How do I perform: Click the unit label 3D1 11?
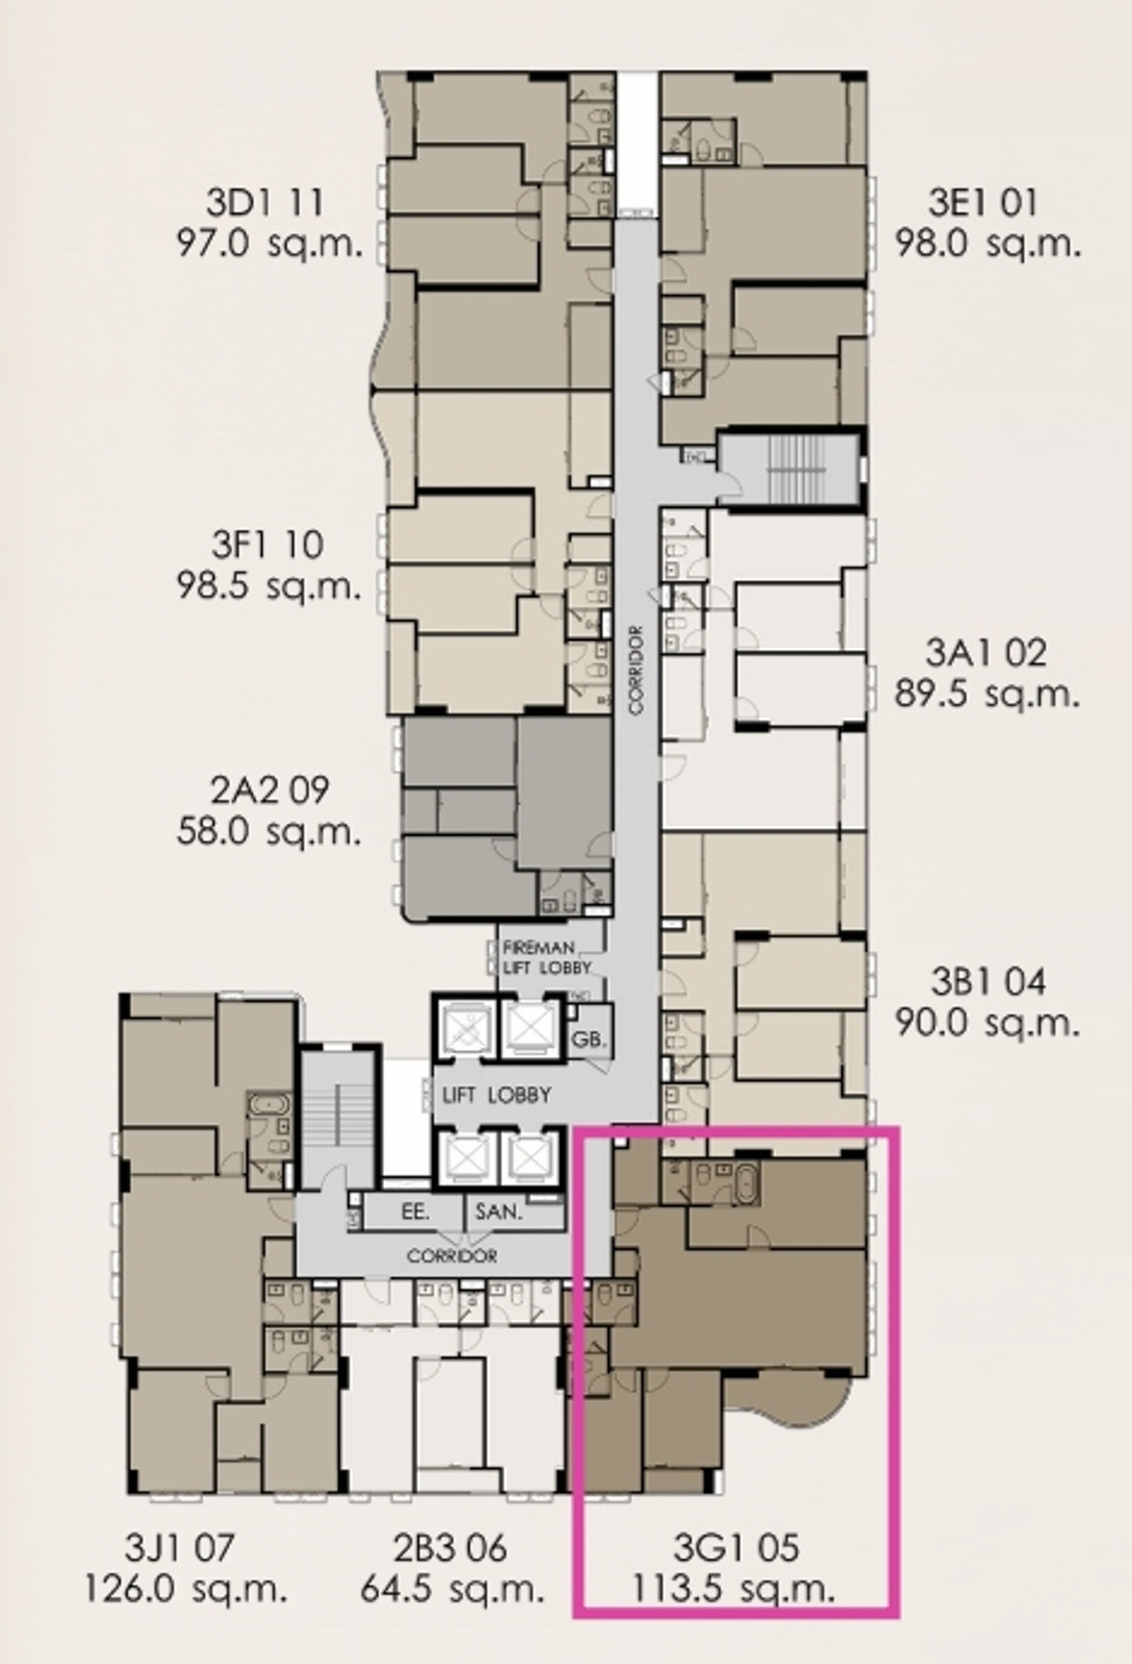(265, 201)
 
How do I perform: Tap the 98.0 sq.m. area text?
(987, 243)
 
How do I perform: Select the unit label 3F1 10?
(267, 544)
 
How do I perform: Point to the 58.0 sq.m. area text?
(268, 832)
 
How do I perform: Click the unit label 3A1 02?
(986, 652)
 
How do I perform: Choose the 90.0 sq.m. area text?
(987, 1023)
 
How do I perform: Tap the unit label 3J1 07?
(179, 1547)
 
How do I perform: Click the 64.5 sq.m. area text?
(452, 1589)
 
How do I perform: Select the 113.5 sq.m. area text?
(733, 1589)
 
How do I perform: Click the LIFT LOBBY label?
(497, 1095)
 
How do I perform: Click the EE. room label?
(416, 1211)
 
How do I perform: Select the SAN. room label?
(498, 1211)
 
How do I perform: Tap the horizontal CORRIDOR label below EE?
(452, 1256)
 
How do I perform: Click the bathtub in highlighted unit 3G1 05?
(746, 1182)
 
